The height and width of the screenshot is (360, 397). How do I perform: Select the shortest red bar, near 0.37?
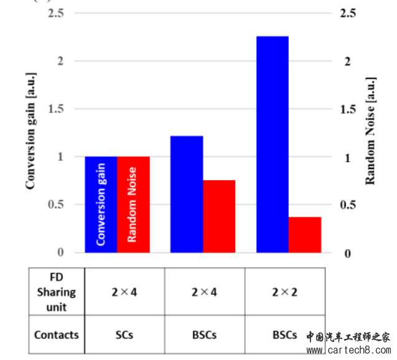[x=305, y=235]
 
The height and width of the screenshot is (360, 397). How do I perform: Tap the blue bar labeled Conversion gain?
[x=101, y=205]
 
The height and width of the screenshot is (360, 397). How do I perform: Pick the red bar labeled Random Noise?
[x=133, y=205]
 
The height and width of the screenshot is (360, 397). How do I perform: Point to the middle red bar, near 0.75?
[x=219, y=216]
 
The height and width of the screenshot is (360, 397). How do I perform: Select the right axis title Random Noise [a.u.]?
[x=371, y=131]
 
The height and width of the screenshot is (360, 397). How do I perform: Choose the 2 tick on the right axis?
[x=348, y=61]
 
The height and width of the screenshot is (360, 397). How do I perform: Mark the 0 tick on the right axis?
[x=348, y=253]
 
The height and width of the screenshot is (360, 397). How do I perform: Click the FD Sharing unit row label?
[x=56, y=291]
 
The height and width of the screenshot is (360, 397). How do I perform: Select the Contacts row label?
[x=57, y=335]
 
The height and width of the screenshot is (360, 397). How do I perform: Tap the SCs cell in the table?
[x=124, y=335]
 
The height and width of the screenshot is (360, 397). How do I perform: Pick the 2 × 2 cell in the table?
[x=284, y=292]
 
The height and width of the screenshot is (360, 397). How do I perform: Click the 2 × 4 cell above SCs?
[x=124, y=292]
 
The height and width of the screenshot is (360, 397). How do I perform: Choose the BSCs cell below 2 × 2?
[x=284, y=335]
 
